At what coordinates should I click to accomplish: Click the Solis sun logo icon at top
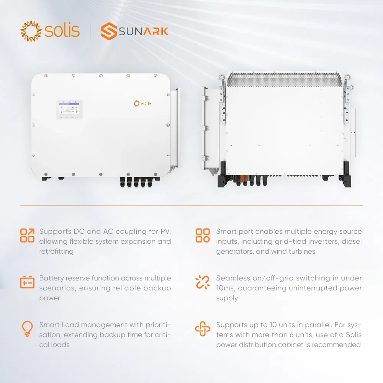(30, 31)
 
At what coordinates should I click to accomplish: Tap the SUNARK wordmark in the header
(143, 31)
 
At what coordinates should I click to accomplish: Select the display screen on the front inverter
(69, 109)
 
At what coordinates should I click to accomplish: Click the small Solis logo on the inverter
(142, 103)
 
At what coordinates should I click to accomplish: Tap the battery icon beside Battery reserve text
(27, 282)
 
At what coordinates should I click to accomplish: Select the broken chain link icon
(203, 282)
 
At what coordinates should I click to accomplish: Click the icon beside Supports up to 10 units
(203, 329)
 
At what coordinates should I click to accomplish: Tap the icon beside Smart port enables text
(203, 236)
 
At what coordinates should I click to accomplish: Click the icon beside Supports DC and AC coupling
(27, 236)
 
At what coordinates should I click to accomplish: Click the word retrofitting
(56, 251)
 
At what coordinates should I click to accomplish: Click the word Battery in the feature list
(52, 278)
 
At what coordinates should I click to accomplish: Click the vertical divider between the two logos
(90, 31)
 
